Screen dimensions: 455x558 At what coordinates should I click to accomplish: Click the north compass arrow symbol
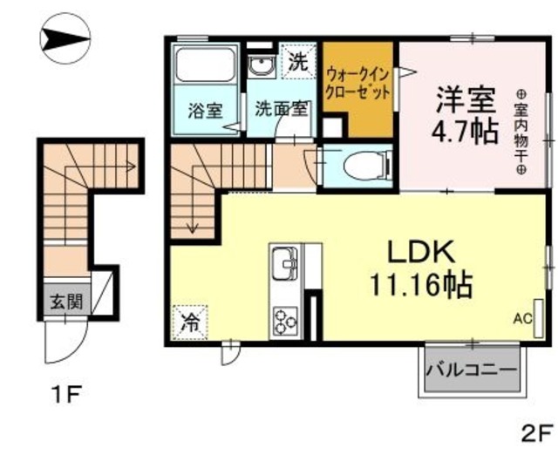point(65,38)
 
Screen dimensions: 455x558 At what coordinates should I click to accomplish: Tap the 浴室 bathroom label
point(205,111)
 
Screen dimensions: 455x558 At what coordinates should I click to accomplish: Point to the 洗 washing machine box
point(299,63)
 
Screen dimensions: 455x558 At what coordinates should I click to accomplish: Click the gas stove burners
point(286,319)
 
